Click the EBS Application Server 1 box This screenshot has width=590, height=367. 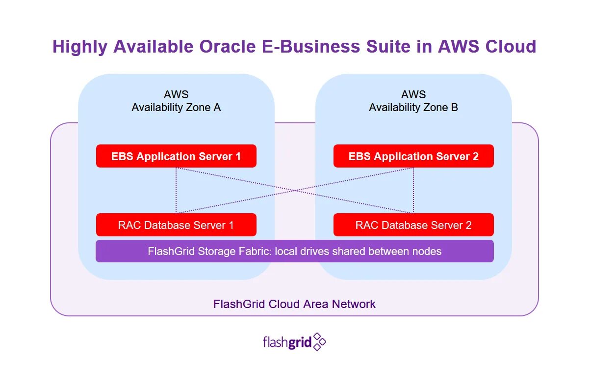[x=176, y=156]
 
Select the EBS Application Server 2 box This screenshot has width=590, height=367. [x=413, y=156]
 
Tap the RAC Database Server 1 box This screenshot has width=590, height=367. [x=176, y=225]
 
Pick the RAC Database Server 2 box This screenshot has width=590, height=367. [x=413, y=225]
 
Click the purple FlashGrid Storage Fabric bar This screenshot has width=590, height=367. [x=294, y=251]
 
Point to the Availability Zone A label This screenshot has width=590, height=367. [x=176, y=107]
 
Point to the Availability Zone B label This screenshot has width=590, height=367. [x=413, y=107]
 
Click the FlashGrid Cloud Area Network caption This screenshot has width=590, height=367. [x=294, y=304]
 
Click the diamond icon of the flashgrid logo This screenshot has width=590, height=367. [x=319, y=341]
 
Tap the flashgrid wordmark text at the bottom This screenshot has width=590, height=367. [x=287, y=342]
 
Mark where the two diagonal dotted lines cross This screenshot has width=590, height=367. [x=295, y=191]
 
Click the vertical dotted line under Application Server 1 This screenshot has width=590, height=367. [x=176, y=191]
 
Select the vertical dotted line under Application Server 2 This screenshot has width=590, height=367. [x=413, y=191]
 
